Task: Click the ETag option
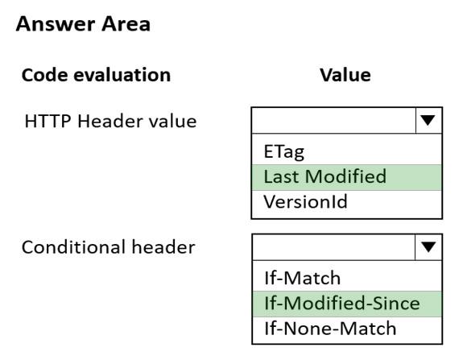coord(283,151)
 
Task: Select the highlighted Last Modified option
coord(325,176)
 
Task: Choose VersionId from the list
coord(305,202)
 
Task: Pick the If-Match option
coord(303,278)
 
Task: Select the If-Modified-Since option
coord(342,304)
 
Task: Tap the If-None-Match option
coord(330,329)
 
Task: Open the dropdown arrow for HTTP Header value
coord(428,121)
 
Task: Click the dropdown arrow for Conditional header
coord(428,247)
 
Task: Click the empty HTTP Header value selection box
coord(333,121)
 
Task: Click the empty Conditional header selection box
coord(333,247)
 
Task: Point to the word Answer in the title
coord(55,24)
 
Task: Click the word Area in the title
coord(126,24)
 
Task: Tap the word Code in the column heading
coord(44,75)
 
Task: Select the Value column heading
coord(345,75)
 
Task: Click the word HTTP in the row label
coord(48,121)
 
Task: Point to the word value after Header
coord(172,121)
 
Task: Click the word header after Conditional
coord(163,247)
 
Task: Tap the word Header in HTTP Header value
coord(110,121)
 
